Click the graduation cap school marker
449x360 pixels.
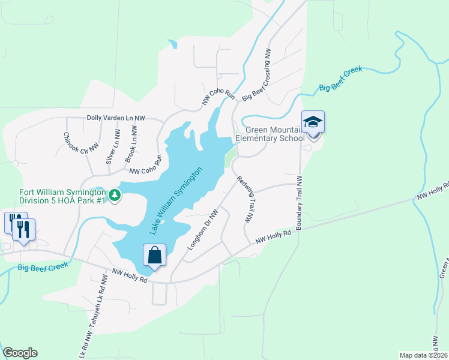[x=313, y=123]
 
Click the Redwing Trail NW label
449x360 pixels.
[x=245, y=200]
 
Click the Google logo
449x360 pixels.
[x=20, y=353]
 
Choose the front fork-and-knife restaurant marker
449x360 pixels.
[x=23, y=229]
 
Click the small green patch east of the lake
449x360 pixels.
[x=229, y=159]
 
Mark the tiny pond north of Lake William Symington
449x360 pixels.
[x=173, y=44]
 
